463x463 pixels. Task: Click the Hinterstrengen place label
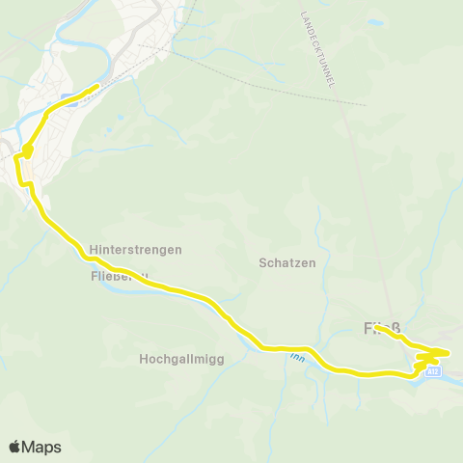pyautogui.click(x=135, y=249)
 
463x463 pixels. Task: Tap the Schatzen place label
pyautogui.click(x=287, y=262)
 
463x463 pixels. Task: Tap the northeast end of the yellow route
pyautogui.click(x=97, y=88)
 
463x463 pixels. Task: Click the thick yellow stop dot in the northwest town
pyautogui.click(x=27, y=150)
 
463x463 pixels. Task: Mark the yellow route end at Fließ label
pyautogui.click(x=378, y=328)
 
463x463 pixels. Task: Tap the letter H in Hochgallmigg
pyautogui.click(x=145, y=359)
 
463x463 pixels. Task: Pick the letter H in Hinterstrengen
pyautogui.click(x=93, y=249)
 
